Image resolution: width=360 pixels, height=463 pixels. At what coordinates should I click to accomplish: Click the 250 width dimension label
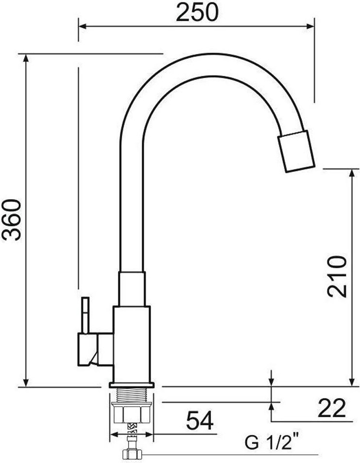(x=197, y=12)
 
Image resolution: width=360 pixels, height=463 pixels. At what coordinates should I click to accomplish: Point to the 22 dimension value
(x=331, y=408)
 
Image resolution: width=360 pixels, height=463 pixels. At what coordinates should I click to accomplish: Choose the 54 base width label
(x=200, y=421)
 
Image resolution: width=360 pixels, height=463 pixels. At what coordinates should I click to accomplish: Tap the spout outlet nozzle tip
(x=296, y=151)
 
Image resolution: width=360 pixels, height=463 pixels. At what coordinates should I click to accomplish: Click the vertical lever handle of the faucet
(x=85, y=315)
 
